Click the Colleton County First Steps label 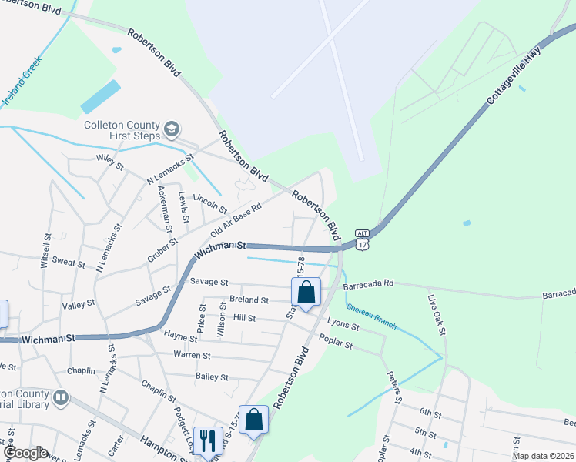[121, 131]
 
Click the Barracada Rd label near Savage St [369, 283]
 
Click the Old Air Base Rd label [236, 221]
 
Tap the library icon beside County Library [60, 398]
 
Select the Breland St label [249, 300]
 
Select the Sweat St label [69, 263]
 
